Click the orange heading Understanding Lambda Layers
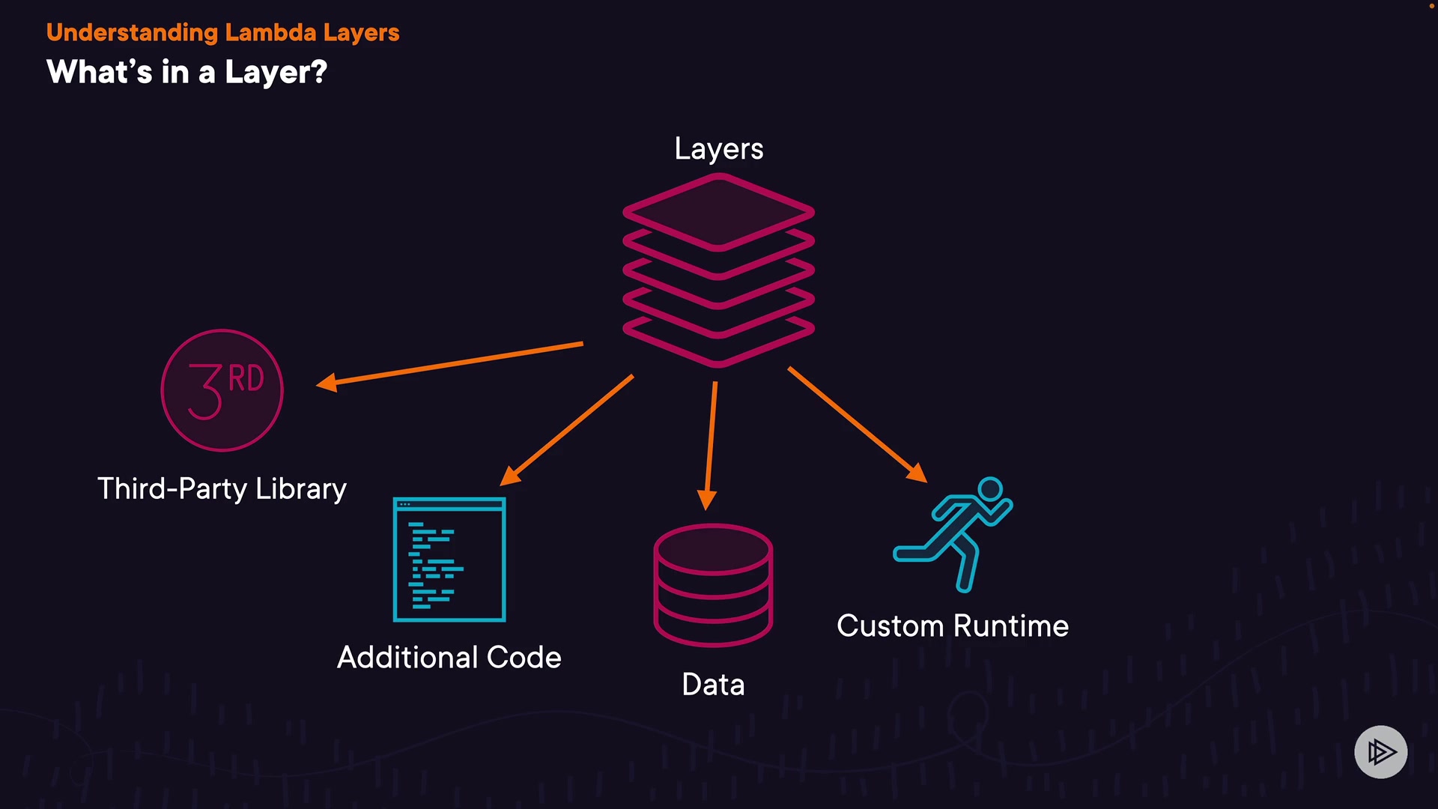click(x=222, y=33)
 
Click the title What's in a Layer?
click(x=186, y=72)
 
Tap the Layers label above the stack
click(x=718, y=148)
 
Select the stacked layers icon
click(x=718, y=270)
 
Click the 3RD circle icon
click(x=222, y=390)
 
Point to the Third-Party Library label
click(x=222, y=488)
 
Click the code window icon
click(x=449, y=560)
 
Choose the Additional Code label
click(x=449, y=657)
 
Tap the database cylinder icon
click(x=713, y=584)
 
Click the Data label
click(x=713, y=684)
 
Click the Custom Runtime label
click(x=952, y=625)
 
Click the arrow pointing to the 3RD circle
click(x=449, y=364)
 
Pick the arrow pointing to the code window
click(x=567, y=430)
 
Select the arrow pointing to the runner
click(x=857, y=424)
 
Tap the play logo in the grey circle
click(x=1380, y=751)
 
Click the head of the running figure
click(x=990, y=489)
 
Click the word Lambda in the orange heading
click(x=270, y=33)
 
